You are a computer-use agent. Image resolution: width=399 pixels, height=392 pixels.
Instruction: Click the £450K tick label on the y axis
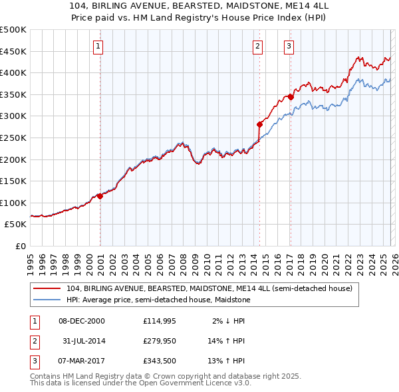[x=13, y=51]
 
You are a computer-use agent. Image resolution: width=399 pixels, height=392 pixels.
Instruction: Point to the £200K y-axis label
[x=13, y=159]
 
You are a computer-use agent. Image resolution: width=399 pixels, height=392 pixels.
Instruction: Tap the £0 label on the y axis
[x=20, y=246]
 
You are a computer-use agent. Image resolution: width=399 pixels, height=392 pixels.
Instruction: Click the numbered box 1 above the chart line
[x=98, y=46]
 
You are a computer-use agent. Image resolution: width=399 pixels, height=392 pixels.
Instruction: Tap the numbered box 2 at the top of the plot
[x=257, y=46]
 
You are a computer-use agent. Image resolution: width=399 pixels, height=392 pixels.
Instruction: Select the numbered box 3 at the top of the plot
[x=289, y=46]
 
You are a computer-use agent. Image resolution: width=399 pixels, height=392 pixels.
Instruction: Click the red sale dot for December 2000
[x=100, y=196]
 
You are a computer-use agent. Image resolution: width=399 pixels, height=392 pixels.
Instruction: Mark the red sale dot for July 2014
[x=259, y=124]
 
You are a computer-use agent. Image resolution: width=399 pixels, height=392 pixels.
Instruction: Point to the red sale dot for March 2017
[x=290, y=97]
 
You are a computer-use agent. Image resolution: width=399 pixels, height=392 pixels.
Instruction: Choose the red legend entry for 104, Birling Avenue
[x=213, y=288]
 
